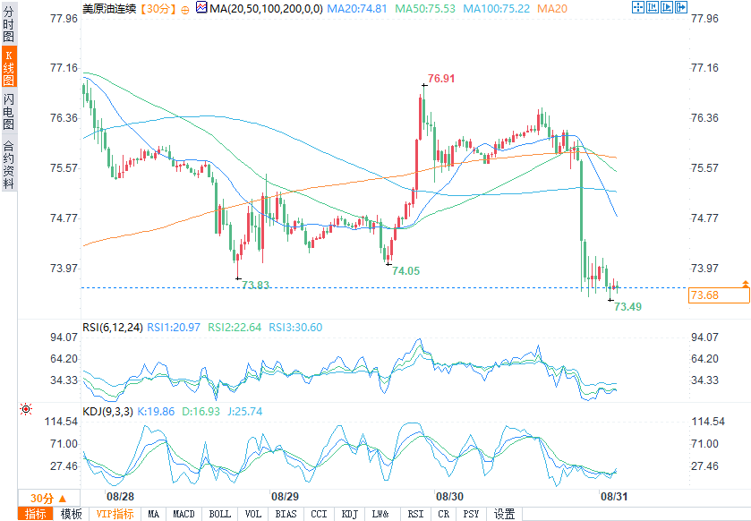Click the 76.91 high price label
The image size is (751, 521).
(x=441, y=79)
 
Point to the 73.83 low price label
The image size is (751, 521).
(x=256, y=286)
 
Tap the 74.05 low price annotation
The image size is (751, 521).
(x=405, y=270)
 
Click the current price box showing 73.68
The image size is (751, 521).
(x=705, y=295)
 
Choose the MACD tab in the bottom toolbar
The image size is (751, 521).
(x=183, y=514)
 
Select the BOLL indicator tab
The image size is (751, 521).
(x=219, y=514)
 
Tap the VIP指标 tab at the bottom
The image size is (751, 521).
(x=115, y=514)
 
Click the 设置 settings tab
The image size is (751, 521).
(x=505, y=514)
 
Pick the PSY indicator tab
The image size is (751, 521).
(x=472, y=514)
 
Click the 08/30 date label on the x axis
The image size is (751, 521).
(x=448, y=496)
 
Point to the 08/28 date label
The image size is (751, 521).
(x=120, y=496)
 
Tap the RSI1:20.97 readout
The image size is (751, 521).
(x=172, y=328)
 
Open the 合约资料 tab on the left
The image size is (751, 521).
(x=9, y=165)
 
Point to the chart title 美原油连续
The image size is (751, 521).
(x=109, y=8)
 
